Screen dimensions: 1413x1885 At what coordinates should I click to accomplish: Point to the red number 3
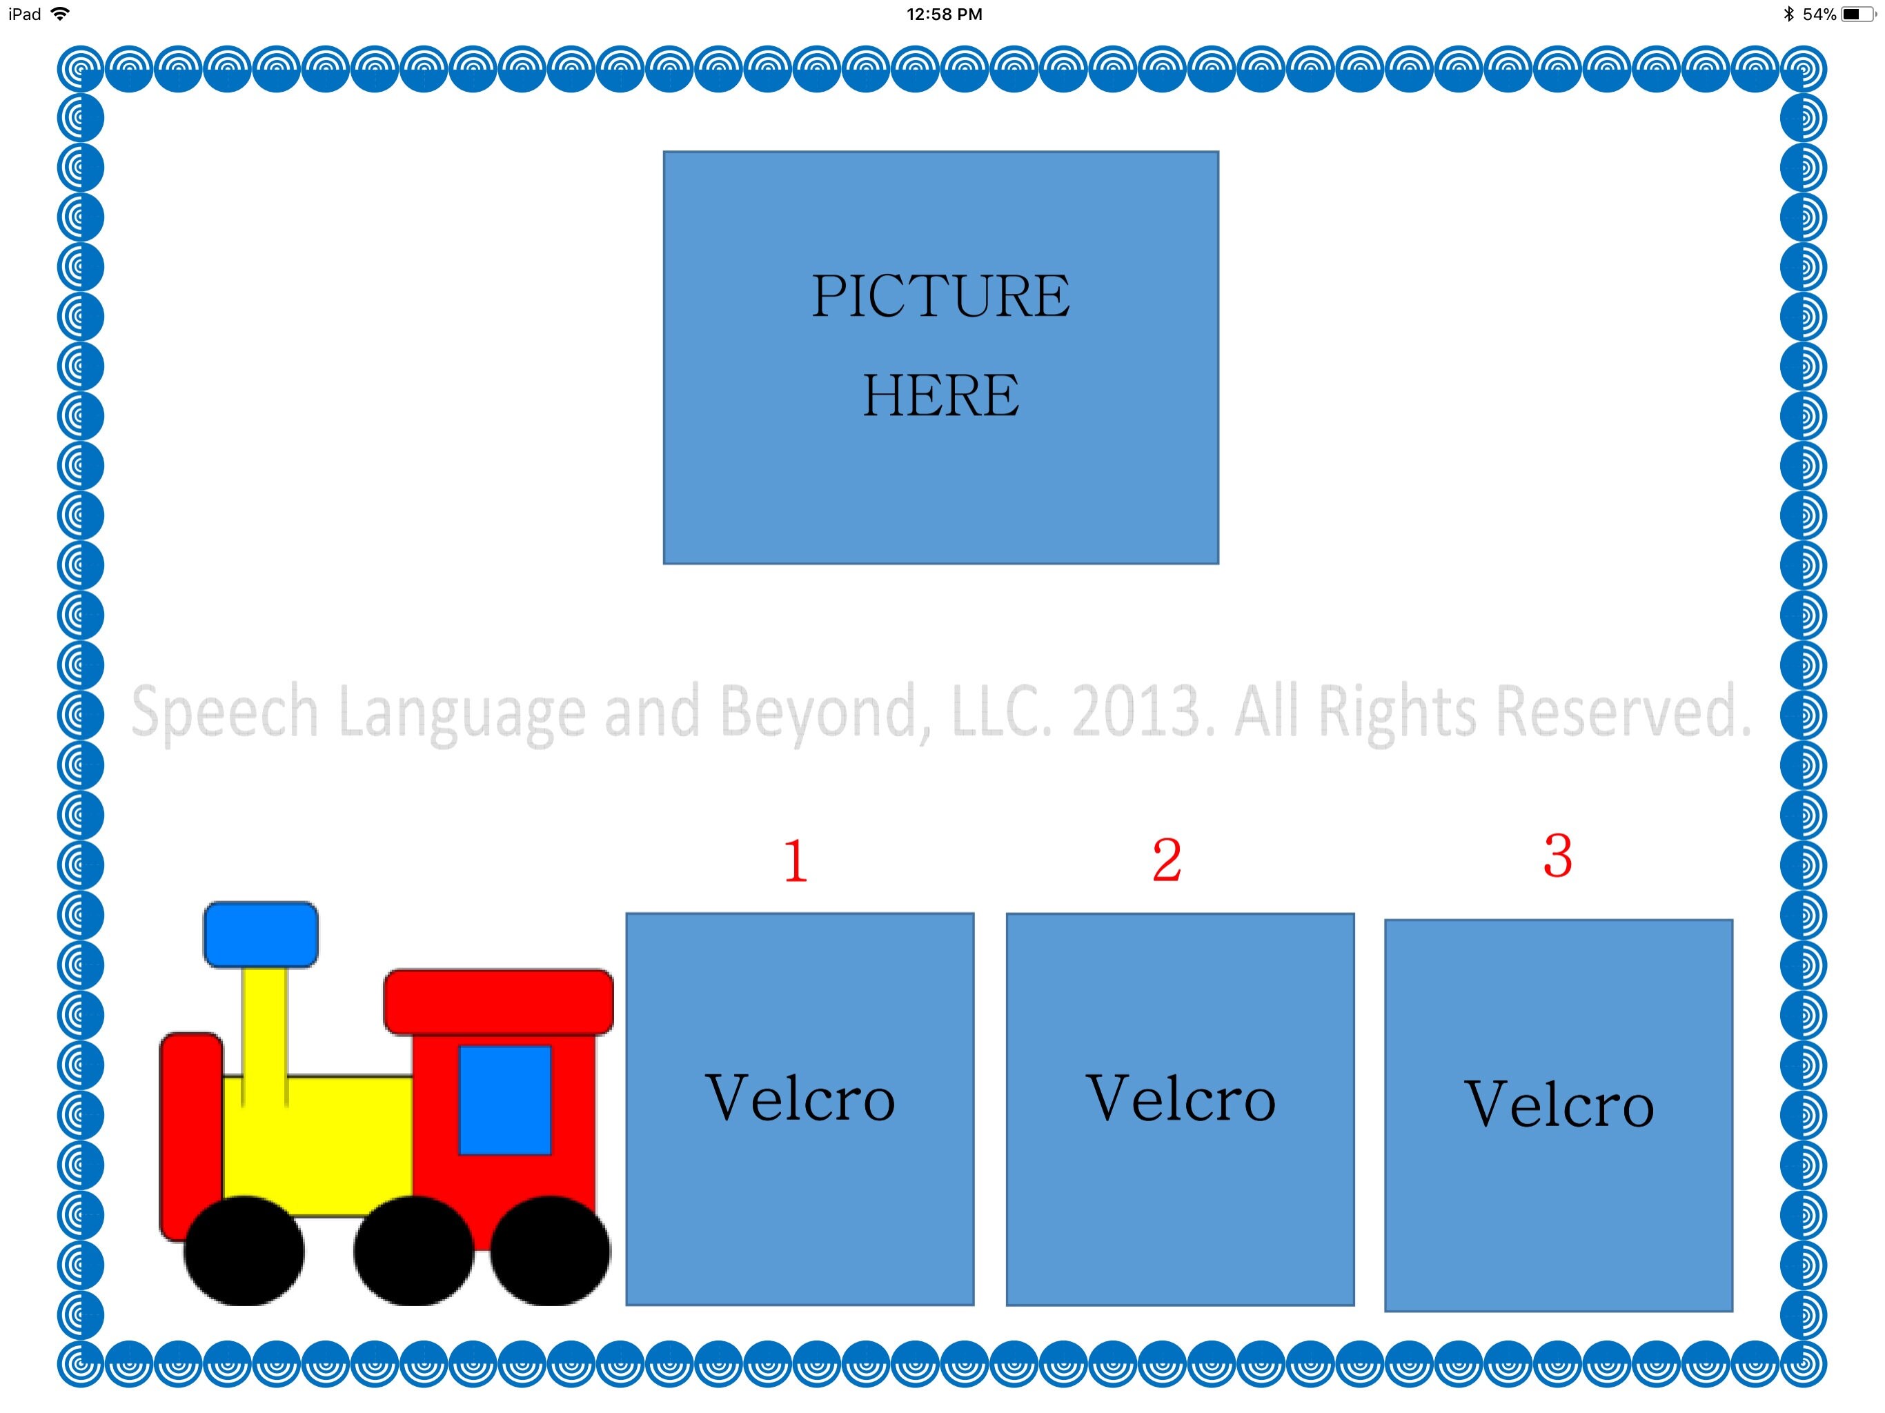point(1557,856)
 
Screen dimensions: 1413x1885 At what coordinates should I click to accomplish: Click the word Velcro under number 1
point(800,1098)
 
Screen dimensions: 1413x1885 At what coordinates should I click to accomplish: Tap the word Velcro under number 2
point(1181,1098)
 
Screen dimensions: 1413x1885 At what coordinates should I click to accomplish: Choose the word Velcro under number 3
point(1559,1104)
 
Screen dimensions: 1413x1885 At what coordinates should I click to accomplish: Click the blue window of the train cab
point(504,1099)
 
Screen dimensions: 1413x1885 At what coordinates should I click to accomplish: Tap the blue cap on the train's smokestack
point(261,934)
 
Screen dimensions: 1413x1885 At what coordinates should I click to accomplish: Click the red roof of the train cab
point(499,1001)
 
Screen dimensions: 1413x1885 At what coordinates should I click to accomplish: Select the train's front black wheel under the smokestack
point(244,1250)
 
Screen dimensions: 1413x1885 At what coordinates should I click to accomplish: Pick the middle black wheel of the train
point(413,1250)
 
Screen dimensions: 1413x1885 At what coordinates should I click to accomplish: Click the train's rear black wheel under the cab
point(550,1250)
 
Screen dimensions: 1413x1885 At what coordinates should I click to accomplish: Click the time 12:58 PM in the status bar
point(943,14)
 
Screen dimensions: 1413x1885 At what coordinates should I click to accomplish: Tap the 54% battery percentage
point(1819,14)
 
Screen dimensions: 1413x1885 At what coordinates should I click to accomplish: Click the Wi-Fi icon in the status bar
point(59,14)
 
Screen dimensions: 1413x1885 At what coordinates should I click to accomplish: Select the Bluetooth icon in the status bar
point(1788,14)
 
